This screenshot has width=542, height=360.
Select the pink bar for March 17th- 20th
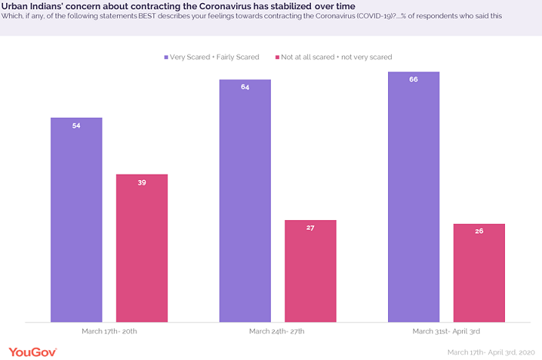tap(142, 248)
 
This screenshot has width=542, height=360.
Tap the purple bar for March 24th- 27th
tap(245, 200)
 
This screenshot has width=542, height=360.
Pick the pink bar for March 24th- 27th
tap(310, 271)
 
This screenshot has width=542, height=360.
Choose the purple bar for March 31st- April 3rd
tap(413, 196)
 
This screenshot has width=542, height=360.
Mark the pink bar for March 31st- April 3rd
tap(479, 272)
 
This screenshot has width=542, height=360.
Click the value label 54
tap(76, 125)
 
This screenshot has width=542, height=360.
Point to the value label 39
tap(142, 182)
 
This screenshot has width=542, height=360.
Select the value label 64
tap(245, 87)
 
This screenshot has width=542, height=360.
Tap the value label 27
tap(310, 228)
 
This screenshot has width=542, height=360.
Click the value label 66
tap(413, 79)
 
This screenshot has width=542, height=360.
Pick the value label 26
tap(479, 232)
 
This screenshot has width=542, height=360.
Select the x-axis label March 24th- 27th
tap(277, 331)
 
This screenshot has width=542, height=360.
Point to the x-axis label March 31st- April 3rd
tap(446, 331)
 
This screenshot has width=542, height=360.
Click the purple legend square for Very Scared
tap(166, 57)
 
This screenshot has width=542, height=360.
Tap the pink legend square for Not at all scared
tap(282, 57)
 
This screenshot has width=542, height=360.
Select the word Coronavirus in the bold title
tap(218, 6)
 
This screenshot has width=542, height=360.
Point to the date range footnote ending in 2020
tap(491, 352)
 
